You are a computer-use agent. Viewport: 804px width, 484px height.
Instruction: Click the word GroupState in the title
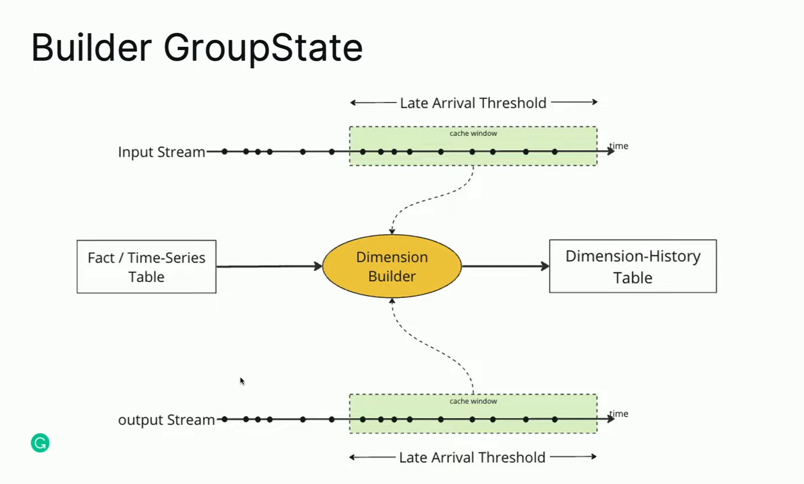(263, 48)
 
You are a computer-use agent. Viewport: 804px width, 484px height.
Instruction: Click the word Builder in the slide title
(92, 47)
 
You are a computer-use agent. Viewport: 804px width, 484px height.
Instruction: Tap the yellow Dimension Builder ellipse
(392, 267)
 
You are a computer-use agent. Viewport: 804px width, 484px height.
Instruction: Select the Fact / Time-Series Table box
(146, 267)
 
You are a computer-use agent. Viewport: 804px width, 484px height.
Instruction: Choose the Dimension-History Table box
(633, 267)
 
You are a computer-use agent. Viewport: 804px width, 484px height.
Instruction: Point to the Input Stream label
(161, 152)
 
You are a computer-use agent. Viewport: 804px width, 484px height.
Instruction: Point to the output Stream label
(166, 420)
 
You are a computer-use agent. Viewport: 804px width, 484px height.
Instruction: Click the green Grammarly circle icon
(40, 443)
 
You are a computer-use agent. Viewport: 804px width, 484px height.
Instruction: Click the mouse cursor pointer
(242, 381)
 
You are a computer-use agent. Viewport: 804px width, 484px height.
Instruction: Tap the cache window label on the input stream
(473, 133)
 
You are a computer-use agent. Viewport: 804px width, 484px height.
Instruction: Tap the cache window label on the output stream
(473, 401)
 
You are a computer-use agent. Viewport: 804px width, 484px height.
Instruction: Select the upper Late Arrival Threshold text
(473, 103)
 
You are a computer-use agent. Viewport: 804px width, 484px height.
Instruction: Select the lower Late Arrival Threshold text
(472, 458)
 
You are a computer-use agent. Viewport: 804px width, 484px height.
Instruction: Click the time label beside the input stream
(619, 146)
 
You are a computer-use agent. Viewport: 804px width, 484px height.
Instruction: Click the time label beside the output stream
(619, 414)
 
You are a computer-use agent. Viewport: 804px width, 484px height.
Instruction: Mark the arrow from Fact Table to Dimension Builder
(269, 267)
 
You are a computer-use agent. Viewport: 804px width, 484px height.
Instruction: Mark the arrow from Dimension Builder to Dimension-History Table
(505, 267)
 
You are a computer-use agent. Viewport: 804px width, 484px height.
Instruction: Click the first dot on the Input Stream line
(225, 152)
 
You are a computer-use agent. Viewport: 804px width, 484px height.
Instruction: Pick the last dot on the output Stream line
(555, 419)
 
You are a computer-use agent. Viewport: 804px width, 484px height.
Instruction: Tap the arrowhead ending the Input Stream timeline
(611, 151)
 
